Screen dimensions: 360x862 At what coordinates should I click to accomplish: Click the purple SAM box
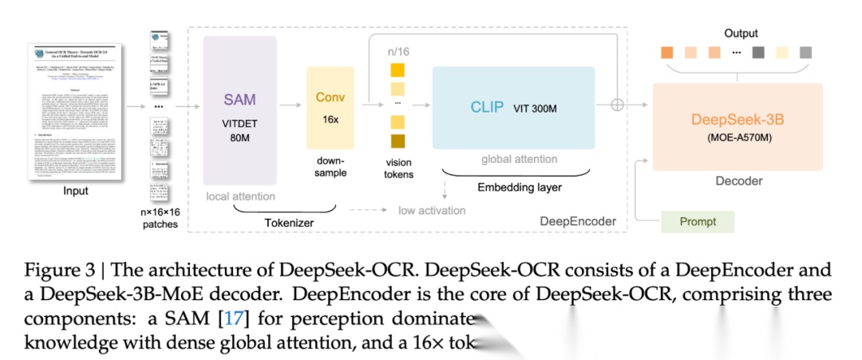(239, 110)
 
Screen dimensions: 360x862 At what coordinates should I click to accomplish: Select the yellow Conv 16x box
(330, 109)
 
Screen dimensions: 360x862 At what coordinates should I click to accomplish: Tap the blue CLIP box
(513, 107)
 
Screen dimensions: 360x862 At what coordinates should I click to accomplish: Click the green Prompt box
(696, 221)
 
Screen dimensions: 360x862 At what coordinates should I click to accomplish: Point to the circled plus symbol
(616, 105)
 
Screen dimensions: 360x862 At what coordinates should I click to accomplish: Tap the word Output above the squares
(741, 34)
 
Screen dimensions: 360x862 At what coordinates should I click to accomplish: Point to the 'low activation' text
(432, 210)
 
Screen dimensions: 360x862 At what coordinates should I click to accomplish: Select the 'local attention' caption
(240, 196)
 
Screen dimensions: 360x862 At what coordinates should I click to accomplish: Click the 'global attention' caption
(519, 160)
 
